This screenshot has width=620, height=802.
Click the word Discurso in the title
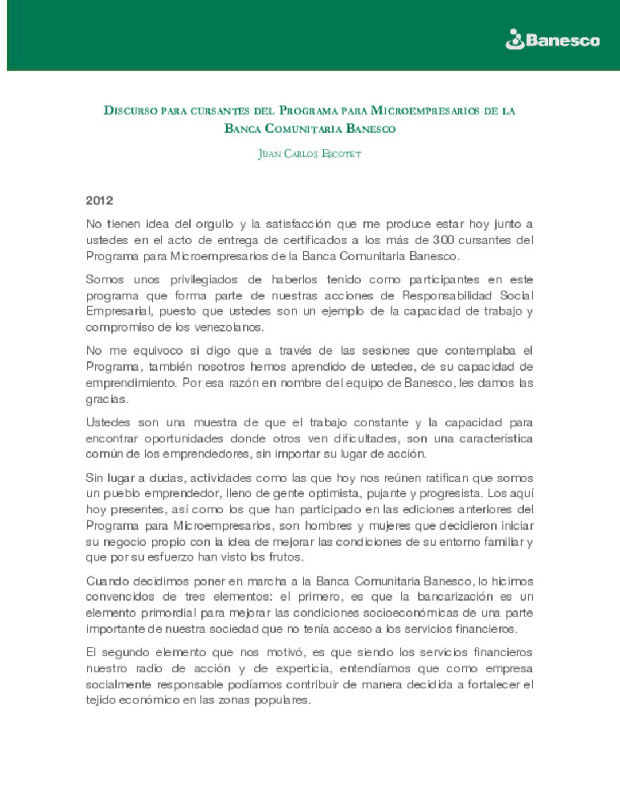[x=130, y=110]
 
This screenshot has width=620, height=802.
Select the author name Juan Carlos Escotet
[x=309, y=154]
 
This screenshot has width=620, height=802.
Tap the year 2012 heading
[x=99, y=200]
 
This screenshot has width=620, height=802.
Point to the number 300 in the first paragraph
[x=443, y=240]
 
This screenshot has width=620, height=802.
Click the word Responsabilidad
[x=447, y=295]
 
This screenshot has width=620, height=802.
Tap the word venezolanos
[x=228, y=327]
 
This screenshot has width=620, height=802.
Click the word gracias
[x=107, y=399]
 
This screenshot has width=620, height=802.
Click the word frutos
[x=285, y=556]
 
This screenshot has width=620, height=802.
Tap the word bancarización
[x=455, y=597]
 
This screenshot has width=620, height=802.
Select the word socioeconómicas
[x=410, y=613]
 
